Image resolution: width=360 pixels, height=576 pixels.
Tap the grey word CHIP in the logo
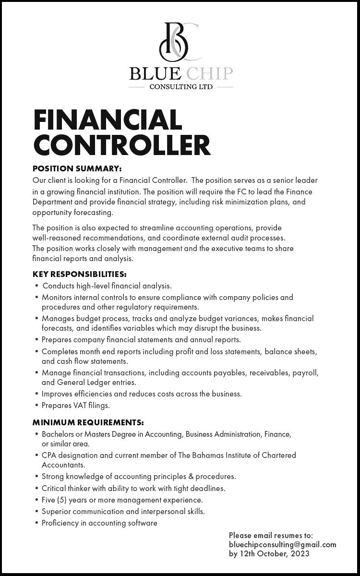(x=209, y=74)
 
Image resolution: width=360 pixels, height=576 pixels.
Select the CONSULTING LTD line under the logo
(x=180, y=87)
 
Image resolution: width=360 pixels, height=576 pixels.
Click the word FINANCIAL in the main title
(x=108, y=120)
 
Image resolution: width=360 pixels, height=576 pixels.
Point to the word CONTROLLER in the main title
(x=122, y=145)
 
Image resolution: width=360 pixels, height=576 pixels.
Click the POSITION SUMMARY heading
(x=77, y=168)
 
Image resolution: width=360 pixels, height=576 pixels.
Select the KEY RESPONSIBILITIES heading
(x=79, y=275)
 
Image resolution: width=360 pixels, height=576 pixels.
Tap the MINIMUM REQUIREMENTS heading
(x=88, y=423)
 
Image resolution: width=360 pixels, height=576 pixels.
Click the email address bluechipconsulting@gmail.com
(x=282, y=544)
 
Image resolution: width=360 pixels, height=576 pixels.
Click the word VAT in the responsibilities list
(x=80, y=406)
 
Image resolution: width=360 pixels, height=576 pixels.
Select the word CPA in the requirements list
(x=49, y=455)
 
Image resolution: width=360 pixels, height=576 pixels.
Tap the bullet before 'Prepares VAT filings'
(x=37, y=406)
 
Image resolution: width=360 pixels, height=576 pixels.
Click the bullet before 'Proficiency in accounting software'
(x=37, y=523)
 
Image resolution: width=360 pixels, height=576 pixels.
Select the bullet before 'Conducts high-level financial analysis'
(x=37, y=286)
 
